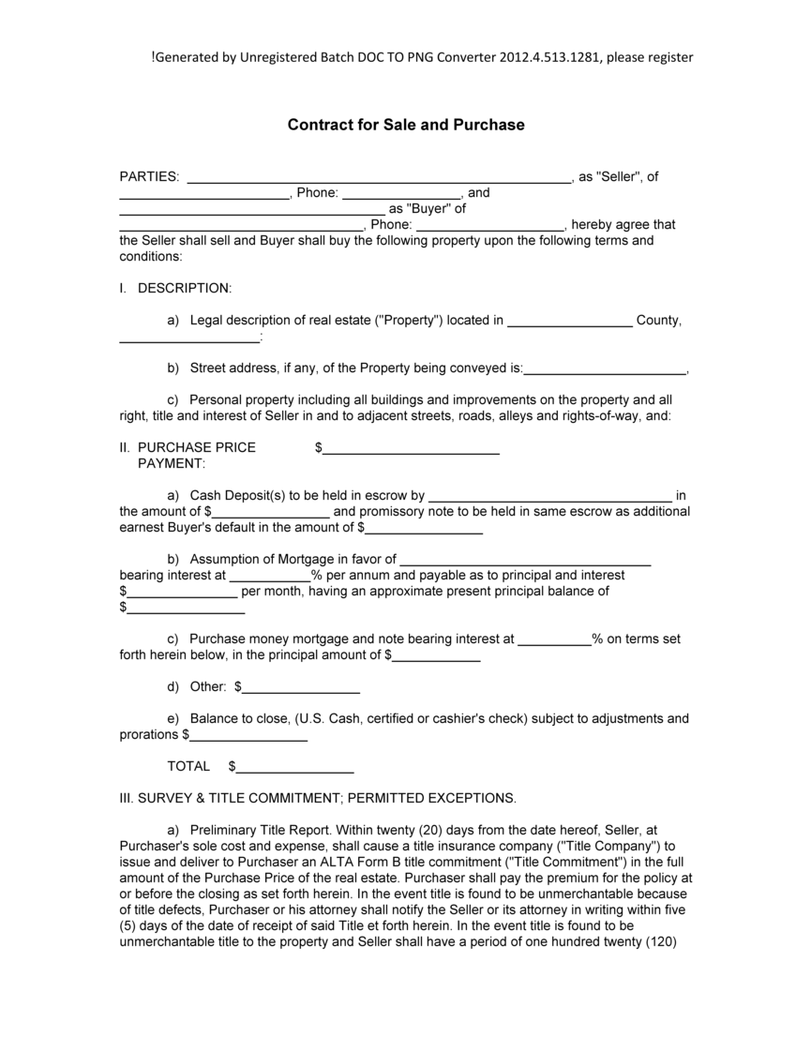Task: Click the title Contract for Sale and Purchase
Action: click(x=405, y=125)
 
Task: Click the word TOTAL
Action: click(x=188, y=767)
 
